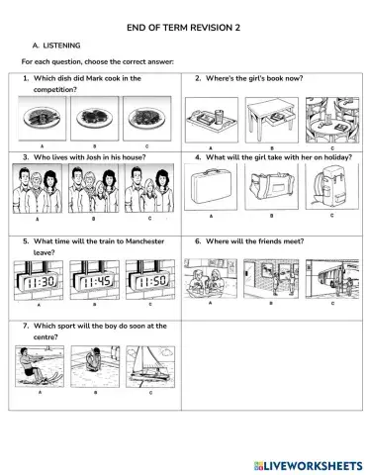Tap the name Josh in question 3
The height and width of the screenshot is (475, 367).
[x=90, y=157]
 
